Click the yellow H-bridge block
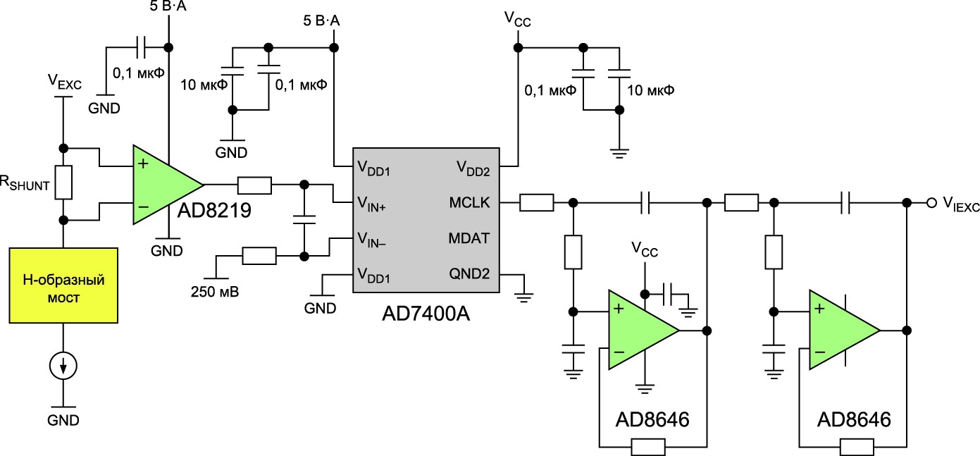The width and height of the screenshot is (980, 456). pos(63,285)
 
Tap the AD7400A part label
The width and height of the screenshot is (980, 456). pos(426,314)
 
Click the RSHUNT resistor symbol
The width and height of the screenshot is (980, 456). pos(63,183)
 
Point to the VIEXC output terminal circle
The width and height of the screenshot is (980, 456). pos(932,202)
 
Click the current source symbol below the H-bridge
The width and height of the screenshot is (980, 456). pos(63,366)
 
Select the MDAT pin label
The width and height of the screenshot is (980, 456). pos(469,238)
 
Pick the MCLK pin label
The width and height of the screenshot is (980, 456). pos(469,202)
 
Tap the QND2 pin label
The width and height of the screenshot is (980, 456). pos(469,274)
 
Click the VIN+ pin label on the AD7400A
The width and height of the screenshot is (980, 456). pos(371,204)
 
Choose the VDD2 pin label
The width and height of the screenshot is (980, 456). pos(473,168)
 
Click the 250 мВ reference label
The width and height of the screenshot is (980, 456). pos(215,292)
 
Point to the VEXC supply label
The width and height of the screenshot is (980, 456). pos(64,82)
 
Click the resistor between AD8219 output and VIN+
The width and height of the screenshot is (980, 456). pos(254,185)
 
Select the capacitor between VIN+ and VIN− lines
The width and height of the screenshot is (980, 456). pos(304,220)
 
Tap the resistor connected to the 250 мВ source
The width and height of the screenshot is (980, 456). pos(259,256)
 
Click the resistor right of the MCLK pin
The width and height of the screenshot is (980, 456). pos(536,203)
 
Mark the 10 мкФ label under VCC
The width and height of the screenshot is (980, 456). pos(650,91)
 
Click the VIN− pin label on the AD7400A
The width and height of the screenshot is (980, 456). pos(371,240)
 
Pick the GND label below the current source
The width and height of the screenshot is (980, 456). pos(63,420)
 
